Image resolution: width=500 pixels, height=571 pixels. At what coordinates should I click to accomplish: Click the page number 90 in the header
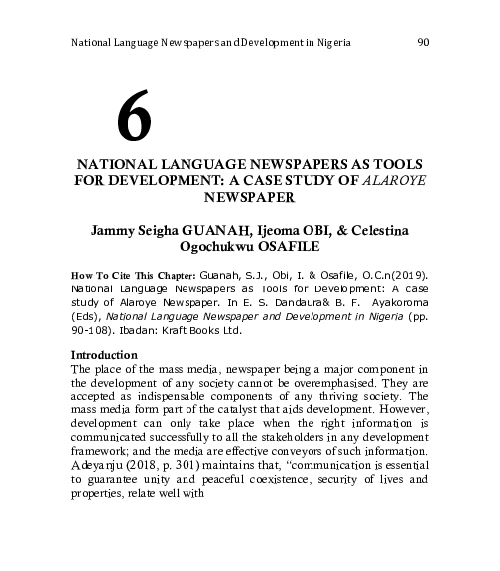422,44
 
